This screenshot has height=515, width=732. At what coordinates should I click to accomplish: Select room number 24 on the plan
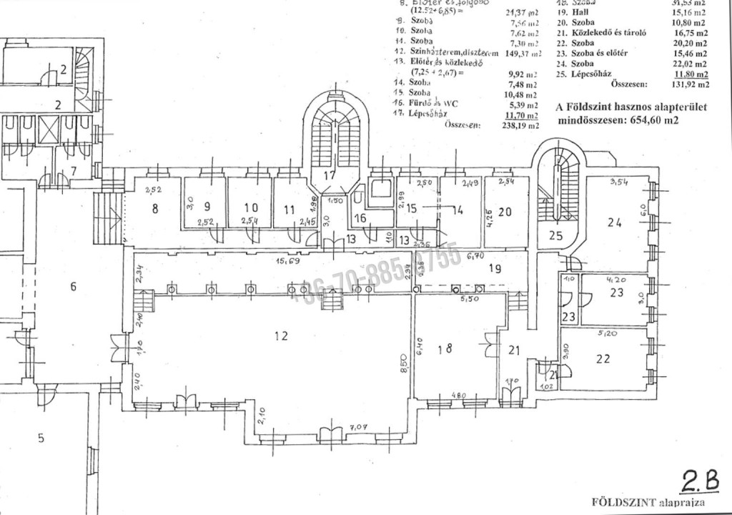(614, 222)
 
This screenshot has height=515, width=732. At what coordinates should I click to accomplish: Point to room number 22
(604, 358)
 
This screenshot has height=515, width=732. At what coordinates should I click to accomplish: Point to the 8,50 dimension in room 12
(404, 369)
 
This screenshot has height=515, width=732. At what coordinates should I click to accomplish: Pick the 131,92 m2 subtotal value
(693, 84)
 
